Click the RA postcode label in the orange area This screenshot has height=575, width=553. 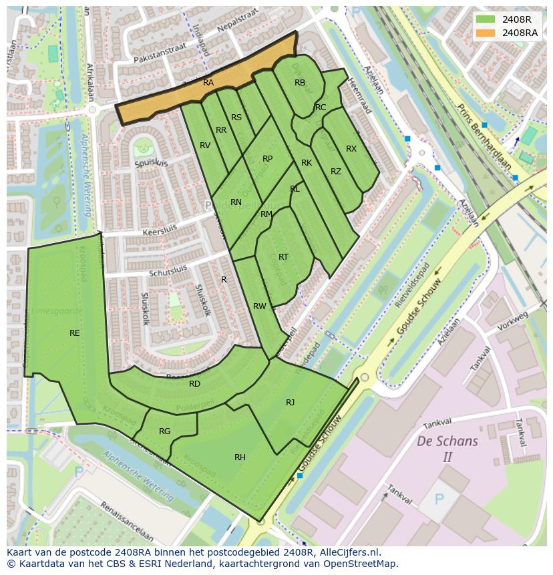click(x=208, y=83)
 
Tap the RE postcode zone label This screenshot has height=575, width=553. click(x=75, y=333)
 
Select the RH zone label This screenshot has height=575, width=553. click(x=240, y=457)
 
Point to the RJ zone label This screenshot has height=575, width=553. click(x=290, y=403)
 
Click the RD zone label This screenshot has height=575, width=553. click(x=194, y=384)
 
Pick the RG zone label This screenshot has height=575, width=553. click(x=164, y=431)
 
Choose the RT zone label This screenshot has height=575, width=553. click(x=283, y=257)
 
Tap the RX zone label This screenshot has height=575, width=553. click(x=351, y=149)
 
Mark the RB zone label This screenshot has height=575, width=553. click(x=300, y=83)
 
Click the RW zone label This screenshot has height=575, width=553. click(x=259, y=307)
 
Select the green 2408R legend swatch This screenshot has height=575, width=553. click(x=486, y=19)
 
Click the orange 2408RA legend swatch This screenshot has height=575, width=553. click(x=486, y=33)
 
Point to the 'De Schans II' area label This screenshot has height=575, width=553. click(x=447, y=449)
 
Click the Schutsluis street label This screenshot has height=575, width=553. click(x=168, y=270)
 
